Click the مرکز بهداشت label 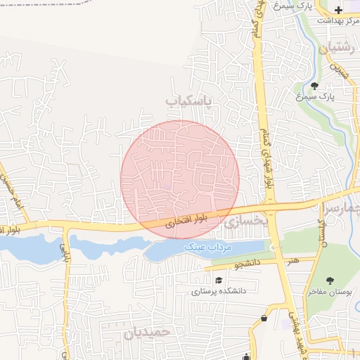(x=333, y=20)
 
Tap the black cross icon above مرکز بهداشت (x=340, y=10)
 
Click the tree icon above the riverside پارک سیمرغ (x=314, y=84)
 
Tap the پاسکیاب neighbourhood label (x=188, y=101)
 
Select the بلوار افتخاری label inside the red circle (x=183, y=223)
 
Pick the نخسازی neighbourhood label (x=247, y=221)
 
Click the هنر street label (x=292, y=260)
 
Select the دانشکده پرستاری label (x=218, y=290)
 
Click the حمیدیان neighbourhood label (x=148, y=333)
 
